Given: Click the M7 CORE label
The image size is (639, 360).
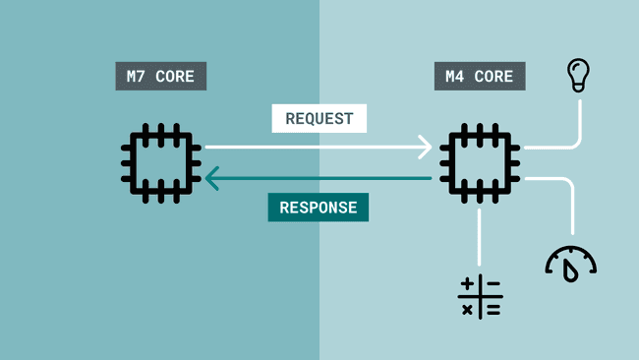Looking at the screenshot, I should (160, 77).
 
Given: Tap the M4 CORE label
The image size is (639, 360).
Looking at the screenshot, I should (479, 77).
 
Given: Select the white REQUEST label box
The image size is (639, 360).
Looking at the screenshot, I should (319, 118).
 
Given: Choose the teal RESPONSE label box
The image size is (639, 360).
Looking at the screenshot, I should (319, 208).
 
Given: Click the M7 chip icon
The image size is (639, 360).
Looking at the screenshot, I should (161, 162).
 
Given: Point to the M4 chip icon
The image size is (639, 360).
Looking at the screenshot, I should (480, 162).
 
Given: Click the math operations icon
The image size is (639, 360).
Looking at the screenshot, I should (480, 297).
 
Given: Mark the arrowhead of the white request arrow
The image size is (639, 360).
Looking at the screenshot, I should (426, 148).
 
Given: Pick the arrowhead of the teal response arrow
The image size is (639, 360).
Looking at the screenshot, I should (212, 178).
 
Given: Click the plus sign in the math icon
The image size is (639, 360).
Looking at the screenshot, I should (468, 285).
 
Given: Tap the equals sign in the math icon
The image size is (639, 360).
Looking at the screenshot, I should (492, 309).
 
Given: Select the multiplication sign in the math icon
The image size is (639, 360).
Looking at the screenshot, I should (468, 309).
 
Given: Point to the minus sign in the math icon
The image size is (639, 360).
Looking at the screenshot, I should (492, 285).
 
